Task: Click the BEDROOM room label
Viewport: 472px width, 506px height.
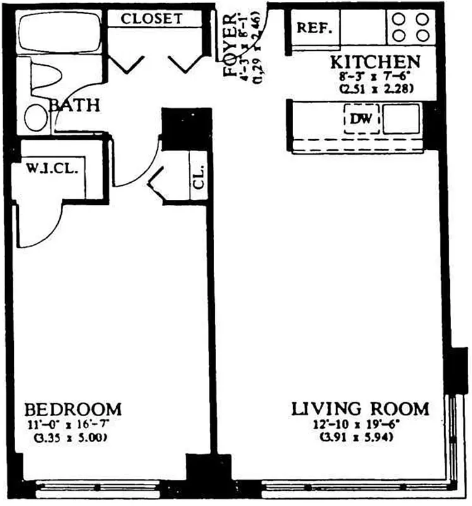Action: click(72, 408)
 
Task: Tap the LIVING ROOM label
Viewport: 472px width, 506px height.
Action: click(360, 409)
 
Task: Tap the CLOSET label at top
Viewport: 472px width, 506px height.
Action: click(152, 18)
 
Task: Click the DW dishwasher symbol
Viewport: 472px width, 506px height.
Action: click(361, 118)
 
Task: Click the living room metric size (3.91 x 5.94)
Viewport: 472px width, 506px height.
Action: click(360, 437)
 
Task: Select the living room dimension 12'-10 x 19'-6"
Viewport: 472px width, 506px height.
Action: click(360, 424)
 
